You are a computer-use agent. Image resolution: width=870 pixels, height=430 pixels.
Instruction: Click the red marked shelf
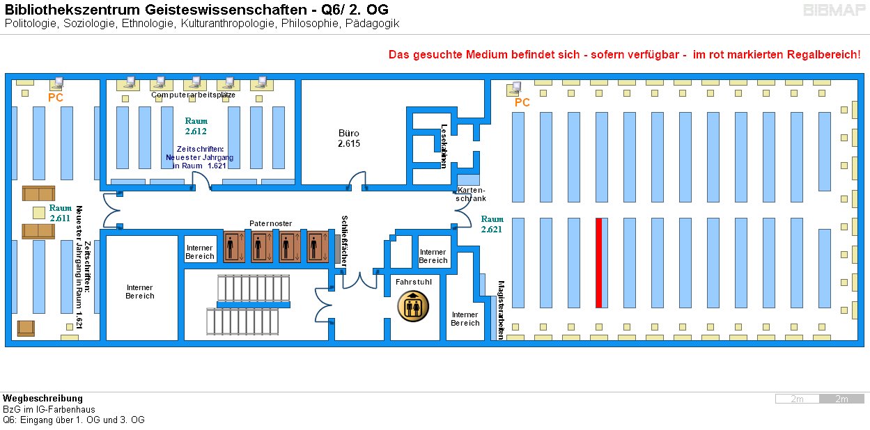[x=598, y=262]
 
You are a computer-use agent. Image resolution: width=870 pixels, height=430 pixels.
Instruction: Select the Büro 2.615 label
[x=348, y=138]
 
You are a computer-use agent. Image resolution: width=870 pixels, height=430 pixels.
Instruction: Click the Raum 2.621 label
[x=492, y=224]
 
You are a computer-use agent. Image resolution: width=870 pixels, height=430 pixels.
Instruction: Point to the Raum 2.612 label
[x=196, y=126]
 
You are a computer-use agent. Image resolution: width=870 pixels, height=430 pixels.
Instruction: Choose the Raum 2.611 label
[x=61, y=213]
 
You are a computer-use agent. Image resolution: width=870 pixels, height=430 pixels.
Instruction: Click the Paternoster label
[x=270, y=223]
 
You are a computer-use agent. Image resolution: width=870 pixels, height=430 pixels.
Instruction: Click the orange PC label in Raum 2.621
[x=522, y=103]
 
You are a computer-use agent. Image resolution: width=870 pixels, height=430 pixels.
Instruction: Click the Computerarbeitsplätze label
[x=193, y=95]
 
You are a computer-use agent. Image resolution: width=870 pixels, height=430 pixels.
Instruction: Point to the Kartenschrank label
[x=471, y=194]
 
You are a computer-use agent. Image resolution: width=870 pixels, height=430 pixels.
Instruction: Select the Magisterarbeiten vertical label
[x=500, y=310]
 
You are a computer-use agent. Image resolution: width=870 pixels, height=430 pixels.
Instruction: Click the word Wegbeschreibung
[x=42, y=399]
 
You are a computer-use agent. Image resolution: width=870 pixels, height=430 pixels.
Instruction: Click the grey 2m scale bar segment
[x=841, y=399]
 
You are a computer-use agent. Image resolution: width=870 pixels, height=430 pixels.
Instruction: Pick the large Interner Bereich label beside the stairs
[x=139, y=292]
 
